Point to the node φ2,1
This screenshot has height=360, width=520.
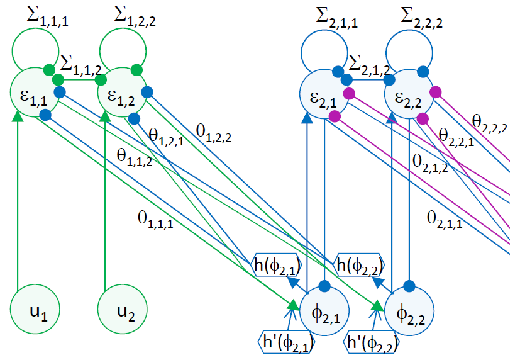pos(324,310)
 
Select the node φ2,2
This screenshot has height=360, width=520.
pos(409,310)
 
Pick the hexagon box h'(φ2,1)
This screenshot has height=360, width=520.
pos(287,344)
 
